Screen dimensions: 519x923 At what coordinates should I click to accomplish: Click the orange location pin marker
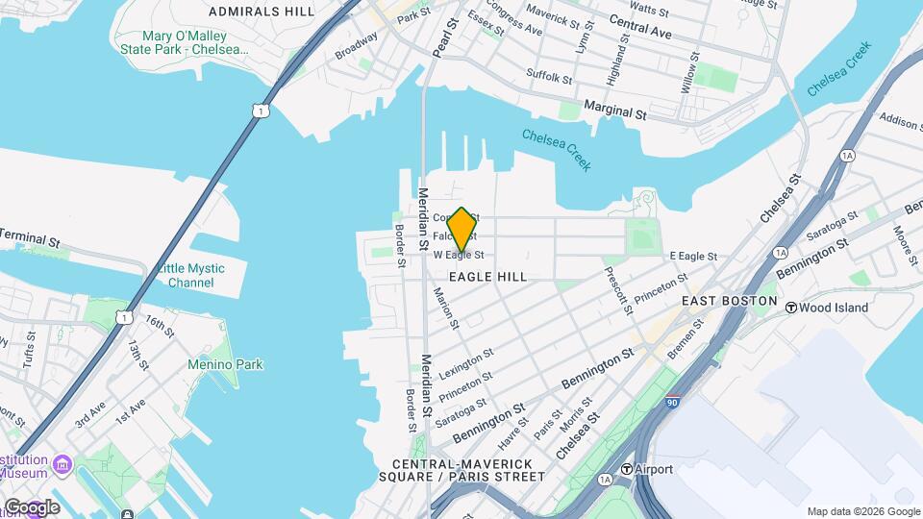(x=461, y=229)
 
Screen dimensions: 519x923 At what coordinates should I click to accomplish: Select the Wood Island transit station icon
(x=792, y=308)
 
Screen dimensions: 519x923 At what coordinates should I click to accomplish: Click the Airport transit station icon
(x=626, y=469)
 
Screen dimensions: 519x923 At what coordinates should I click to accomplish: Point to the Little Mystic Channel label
(x=190, y=275)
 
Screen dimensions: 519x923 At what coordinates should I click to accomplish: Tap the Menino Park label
(x=225, y=364)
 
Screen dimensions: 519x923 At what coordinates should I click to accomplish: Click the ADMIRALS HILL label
(x=262, y=12)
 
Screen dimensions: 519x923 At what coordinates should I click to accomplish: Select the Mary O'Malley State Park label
(x=183, y=42)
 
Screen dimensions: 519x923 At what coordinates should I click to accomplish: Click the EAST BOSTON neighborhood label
(x=729, y=301)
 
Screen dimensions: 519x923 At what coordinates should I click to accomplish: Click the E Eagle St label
(x=693, y=257)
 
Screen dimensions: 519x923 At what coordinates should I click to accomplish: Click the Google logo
(x=31, y=507)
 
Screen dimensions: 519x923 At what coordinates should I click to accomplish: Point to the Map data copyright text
(x=862, y=511)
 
